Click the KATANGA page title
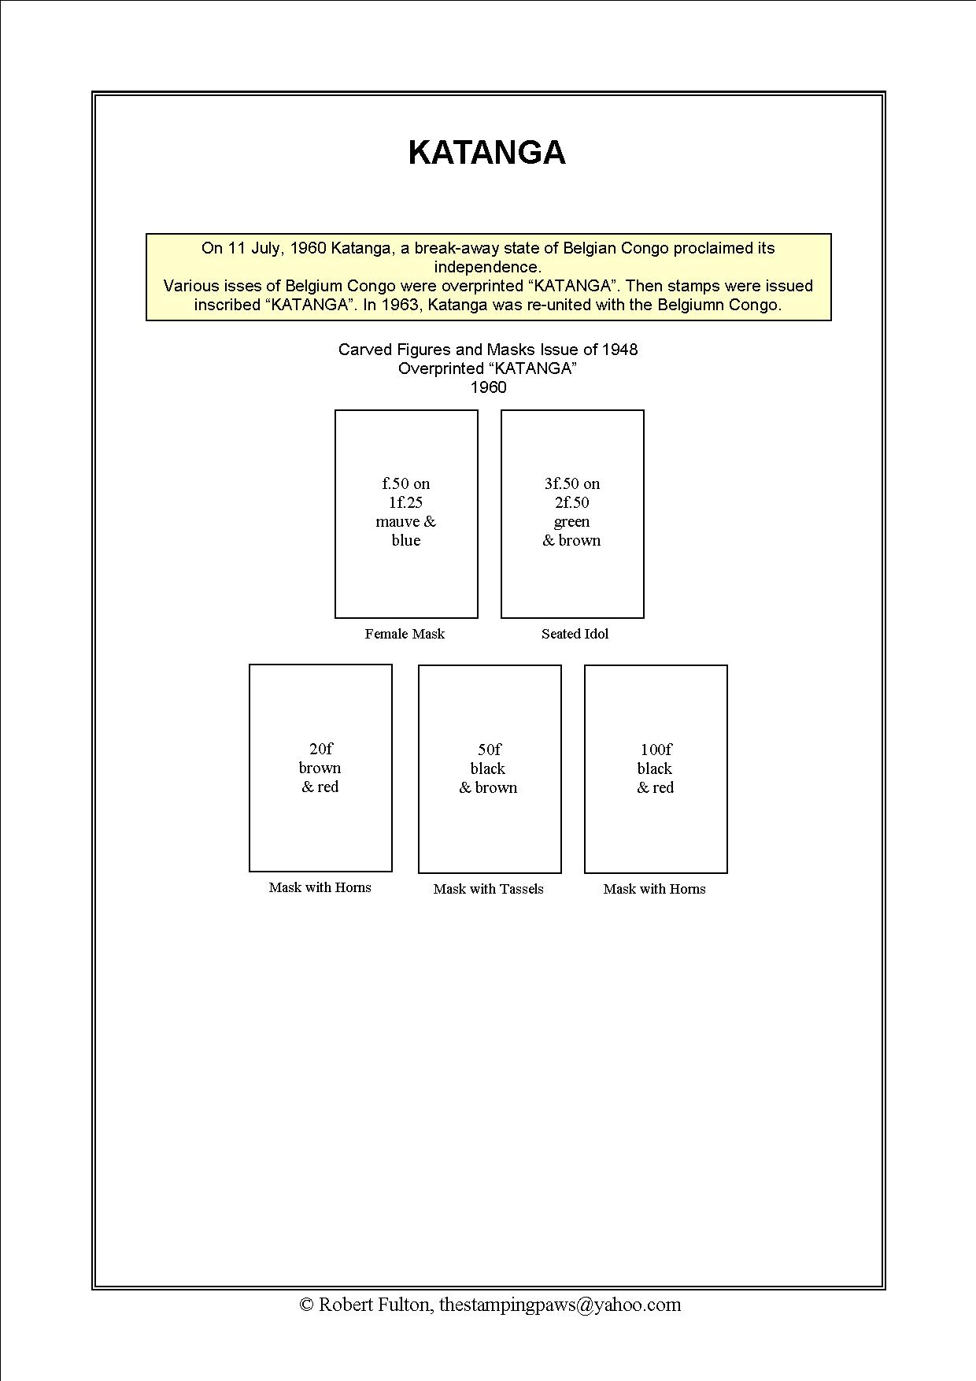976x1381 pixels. pyautogui.click(x=487, y=153)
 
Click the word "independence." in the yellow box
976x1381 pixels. pyautogui.click(x=488, y=267)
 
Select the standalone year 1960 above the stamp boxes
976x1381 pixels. pyautogui.click(x=488, y=387)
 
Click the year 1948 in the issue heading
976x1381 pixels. pyautogui.click(x=619, y=350)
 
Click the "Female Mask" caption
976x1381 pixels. pyautogui.click(x=405, y=634)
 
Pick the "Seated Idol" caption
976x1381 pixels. pyautogui.click(x=575, y=634)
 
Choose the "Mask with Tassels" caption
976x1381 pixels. pyautogui.click(x=488, y=889)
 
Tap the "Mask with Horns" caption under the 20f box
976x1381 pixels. pyautogui.click(x=320, y=887)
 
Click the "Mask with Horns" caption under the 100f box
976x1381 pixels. pyautogui.click(x=654, y=889)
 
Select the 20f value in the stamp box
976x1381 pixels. pyautogui.click(x=320, y=749)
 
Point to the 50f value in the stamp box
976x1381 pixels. pyautogui.click(x=489, y=750)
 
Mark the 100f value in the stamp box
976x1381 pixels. pyautogui.click(x=656, y=750)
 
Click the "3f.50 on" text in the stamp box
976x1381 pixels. pyautogui.click(x=572, y=483)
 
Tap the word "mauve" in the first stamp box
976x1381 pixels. pyautogui.click(x=394, y=522)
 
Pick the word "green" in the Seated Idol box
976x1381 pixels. pyautogui.click(x=571, y=522)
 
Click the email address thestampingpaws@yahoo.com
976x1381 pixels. pyautogui.click(x=560, y=1305)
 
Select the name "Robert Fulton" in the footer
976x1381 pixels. pyautogui.click(x=375, y=1305)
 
